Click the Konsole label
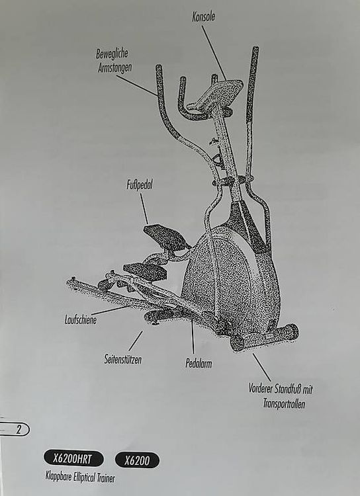[203, 17]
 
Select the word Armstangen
[114, 68]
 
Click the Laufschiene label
[81, 320]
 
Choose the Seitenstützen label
[123, 359]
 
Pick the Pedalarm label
[199, 364]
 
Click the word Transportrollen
[284, 403]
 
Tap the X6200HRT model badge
[73, 459]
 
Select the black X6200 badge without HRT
[137, 460]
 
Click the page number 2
[19, 430]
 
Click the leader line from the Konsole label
[214, 53]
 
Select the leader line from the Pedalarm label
[192, 336]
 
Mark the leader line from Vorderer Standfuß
[261, 367]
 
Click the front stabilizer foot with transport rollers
[265, 337]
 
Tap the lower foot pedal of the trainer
[145, 271]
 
